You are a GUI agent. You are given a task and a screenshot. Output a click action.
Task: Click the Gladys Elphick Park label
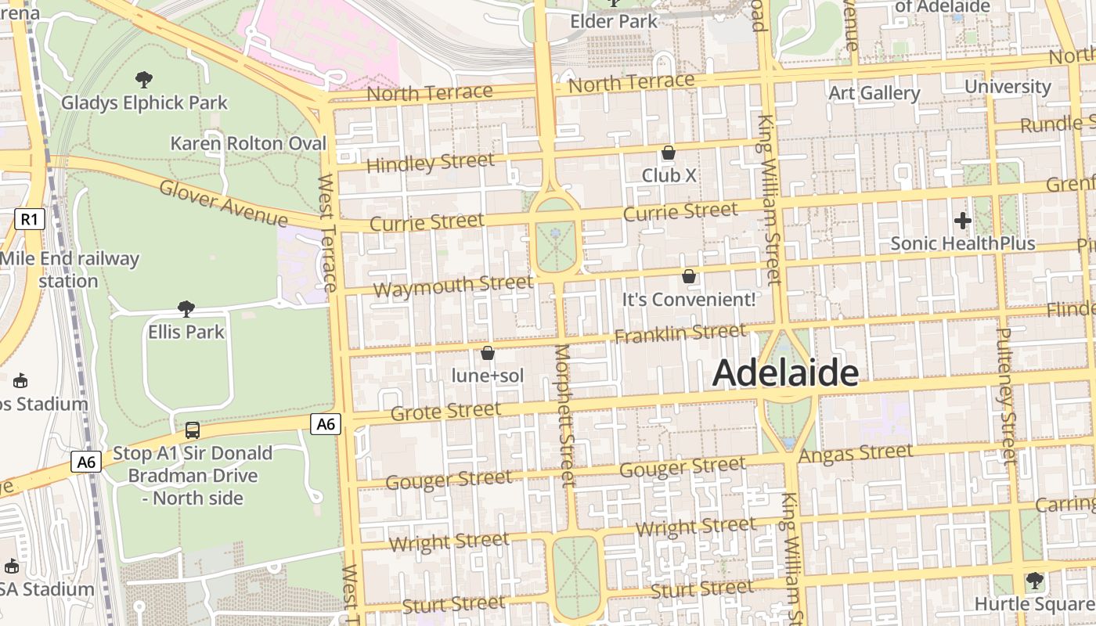pos(145,103)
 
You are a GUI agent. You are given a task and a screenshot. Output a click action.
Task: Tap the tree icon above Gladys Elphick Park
pos(143,79)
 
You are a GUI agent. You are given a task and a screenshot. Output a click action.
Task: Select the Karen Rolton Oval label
pos(248,143)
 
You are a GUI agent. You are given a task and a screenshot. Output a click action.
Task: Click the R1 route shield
pos(29,219)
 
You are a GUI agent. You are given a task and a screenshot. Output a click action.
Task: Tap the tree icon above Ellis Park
pos(186,309)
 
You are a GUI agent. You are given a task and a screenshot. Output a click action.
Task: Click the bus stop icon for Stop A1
pos(193,430)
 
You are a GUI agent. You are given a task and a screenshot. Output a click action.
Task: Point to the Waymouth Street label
pos(452,286)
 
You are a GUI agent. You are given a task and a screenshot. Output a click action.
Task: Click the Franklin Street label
pos(680,334)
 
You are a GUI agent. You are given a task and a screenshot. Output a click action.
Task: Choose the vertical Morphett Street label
pos(564,415)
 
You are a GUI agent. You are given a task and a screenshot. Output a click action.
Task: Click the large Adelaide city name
pos(785,373)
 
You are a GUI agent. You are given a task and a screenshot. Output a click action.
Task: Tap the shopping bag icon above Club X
pos(669,153)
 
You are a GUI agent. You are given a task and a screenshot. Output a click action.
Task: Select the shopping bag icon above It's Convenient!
pos(689,276)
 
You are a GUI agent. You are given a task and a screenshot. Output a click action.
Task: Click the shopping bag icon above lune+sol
pos(488,353)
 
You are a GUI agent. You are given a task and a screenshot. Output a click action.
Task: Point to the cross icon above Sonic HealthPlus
pos(963,221)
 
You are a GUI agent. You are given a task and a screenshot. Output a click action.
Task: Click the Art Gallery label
pos(874,93)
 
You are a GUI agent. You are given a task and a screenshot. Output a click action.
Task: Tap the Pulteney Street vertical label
pos(1005,395)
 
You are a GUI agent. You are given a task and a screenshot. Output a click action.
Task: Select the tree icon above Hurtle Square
pos(1035,581)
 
